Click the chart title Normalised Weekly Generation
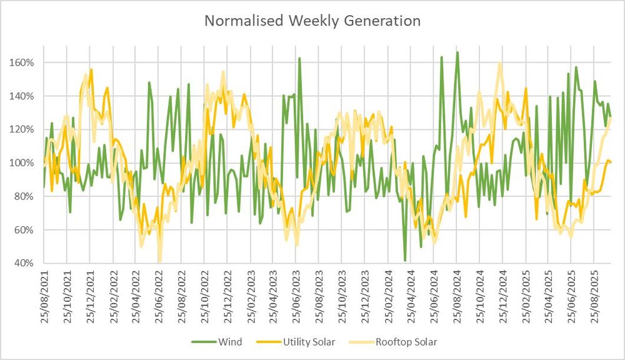pos(312,21)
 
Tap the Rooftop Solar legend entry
pos(405,342)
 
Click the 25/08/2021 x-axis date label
pos(44,296)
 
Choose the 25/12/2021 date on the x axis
pos(90,296)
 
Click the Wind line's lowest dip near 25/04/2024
pos(405,260)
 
